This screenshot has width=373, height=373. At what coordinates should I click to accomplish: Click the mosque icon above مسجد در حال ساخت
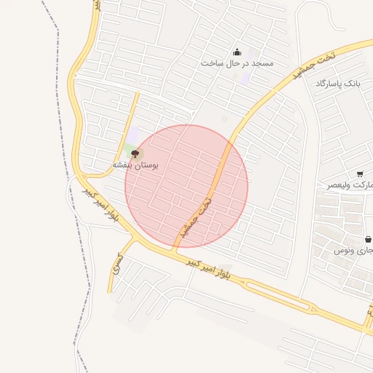(237, 52)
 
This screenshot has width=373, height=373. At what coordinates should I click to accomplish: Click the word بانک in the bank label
(350, 84)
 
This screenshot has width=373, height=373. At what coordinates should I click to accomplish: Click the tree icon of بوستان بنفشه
(135, 154)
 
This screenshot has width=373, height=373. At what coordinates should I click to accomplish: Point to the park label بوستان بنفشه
(135, 166)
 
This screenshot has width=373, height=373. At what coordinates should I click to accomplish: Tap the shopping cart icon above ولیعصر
(360, 173)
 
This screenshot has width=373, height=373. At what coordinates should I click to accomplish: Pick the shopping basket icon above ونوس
(367, 238)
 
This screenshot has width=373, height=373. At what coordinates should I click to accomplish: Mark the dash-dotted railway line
(58, 44)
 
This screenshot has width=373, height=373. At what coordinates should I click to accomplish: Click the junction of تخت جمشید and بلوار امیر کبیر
(173, 251)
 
